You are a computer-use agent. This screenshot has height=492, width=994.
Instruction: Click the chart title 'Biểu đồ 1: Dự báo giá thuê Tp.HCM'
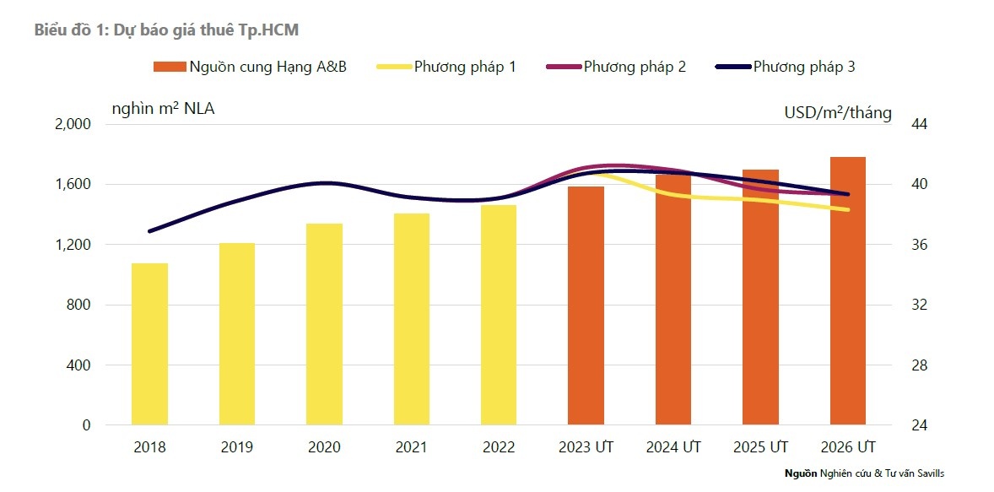(x=166, y=30)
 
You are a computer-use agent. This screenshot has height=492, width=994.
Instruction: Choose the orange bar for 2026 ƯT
(x=847, y=290)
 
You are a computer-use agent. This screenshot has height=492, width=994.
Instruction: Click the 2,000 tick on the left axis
(x=72, y=124)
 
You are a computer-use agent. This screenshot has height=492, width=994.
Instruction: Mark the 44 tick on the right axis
(x=920, y=124)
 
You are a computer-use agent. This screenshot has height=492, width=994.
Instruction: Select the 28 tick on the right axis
(x=920, y=365)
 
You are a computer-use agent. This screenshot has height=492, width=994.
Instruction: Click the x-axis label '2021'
(x=411, y=447)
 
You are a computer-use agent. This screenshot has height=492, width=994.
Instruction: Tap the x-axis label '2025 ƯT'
(x=760, y=447)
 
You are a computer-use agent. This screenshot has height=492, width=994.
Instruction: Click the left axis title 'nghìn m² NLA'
(x=163, y=108)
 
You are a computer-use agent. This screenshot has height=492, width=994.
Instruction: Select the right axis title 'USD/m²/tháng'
(x=837, y=113)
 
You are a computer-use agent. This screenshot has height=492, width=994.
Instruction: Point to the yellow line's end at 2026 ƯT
(x=847, y=209)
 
